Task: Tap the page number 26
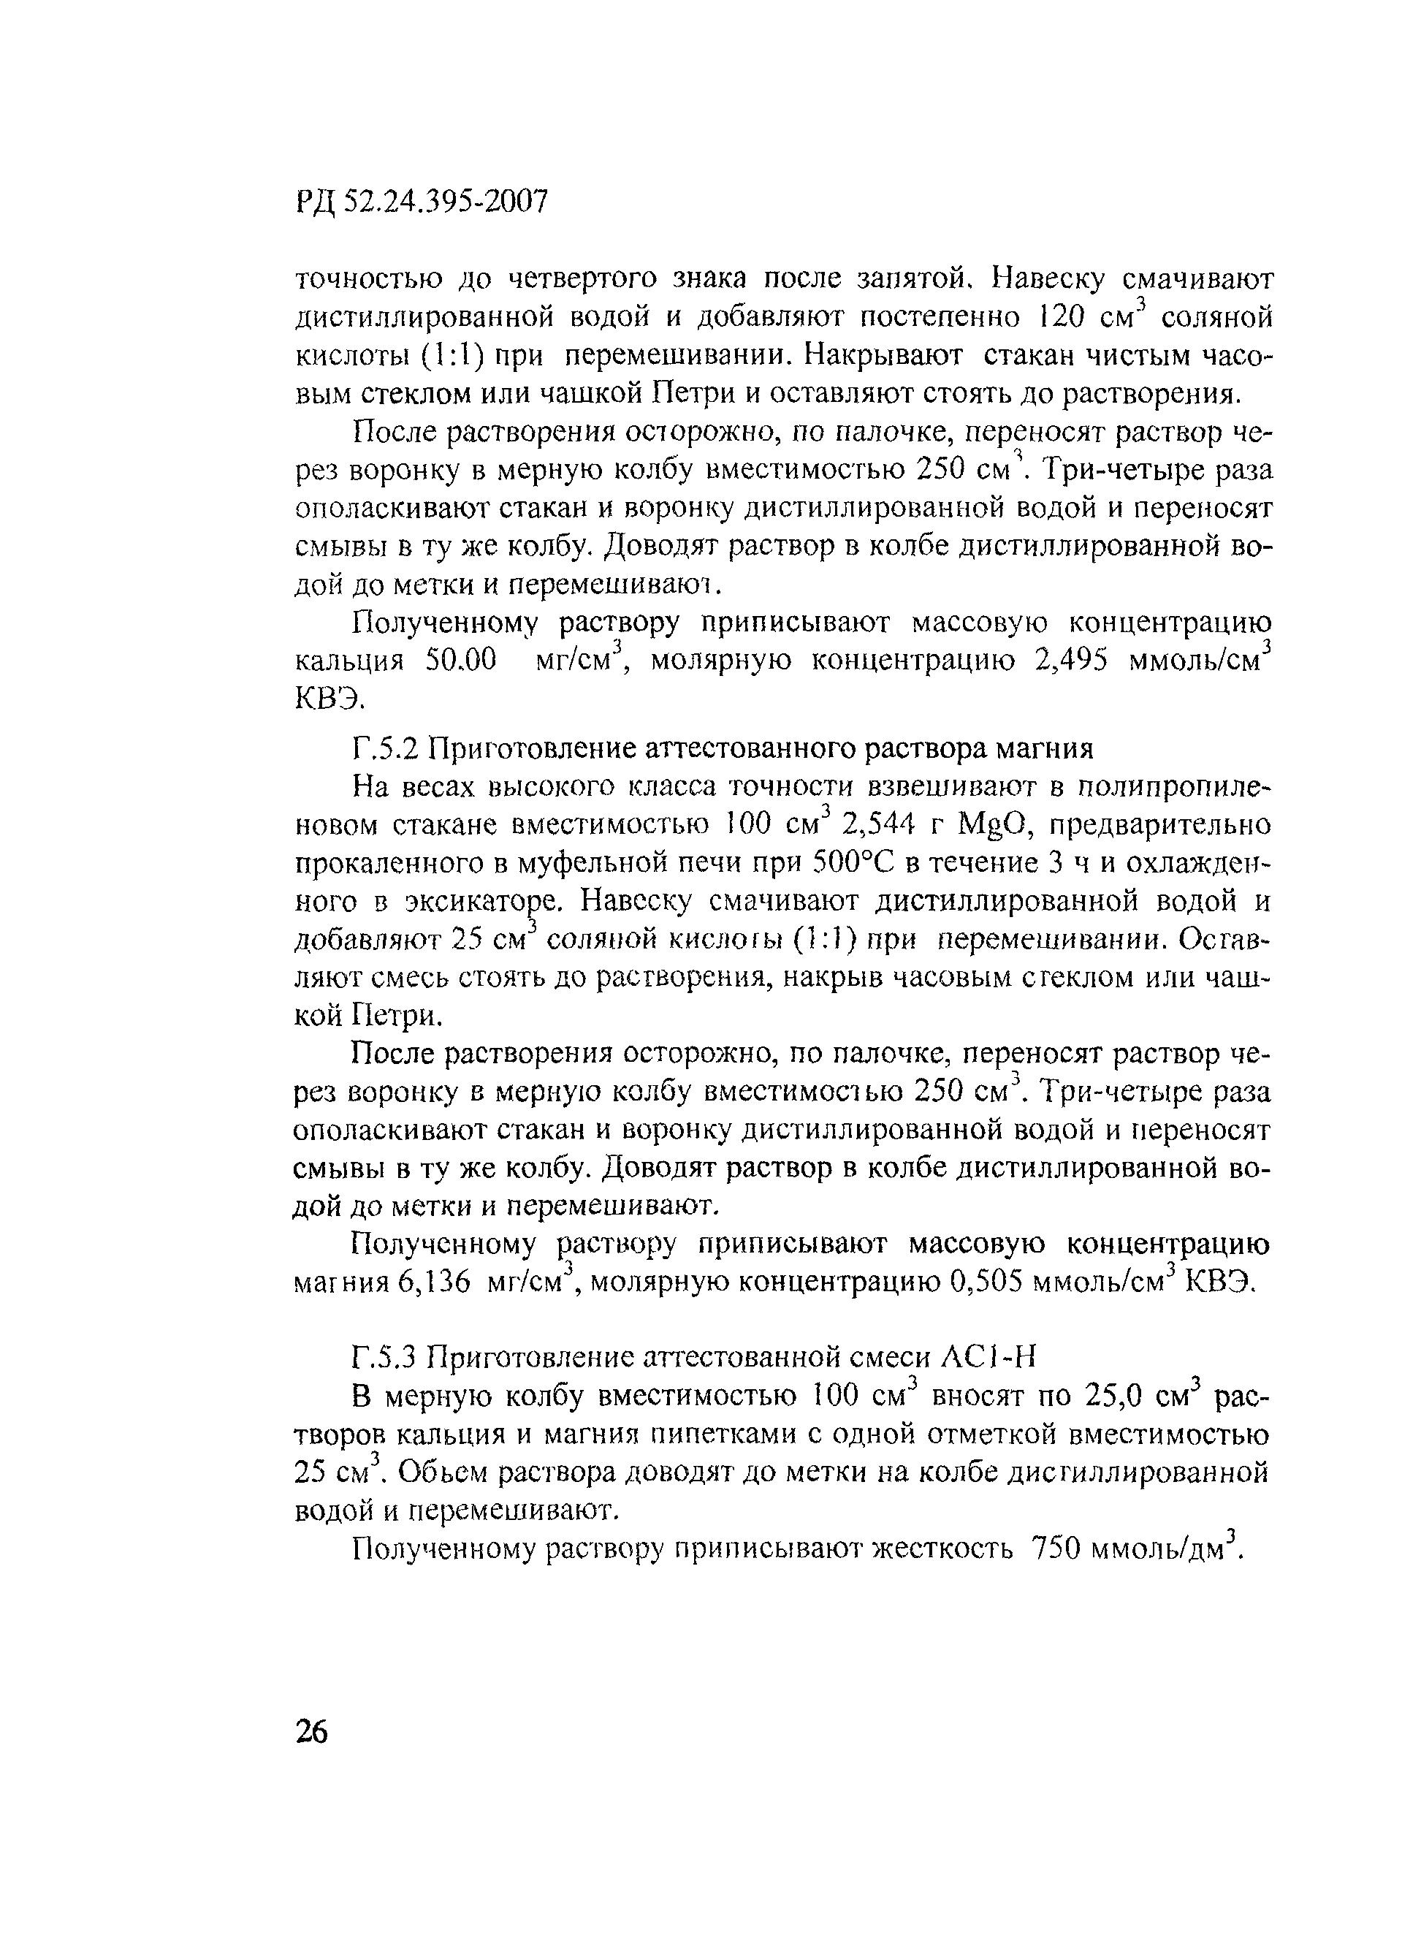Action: [x=311, y=1730]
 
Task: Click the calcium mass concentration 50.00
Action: [x=461, y=661]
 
